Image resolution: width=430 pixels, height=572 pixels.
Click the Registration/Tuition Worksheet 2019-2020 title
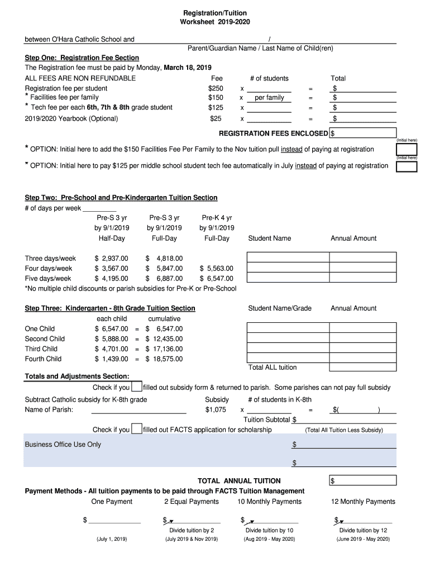pos(215,17)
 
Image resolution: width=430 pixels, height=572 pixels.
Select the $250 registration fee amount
pos(216,88)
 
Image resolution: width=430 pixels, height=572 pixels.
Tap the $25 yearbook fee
pos(216,118)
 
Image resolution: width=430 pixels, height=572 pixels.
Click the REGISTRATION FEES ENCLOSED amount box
pos(363,134)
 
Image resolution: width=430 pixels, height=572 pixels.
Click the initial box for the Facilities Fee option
pos(407,150)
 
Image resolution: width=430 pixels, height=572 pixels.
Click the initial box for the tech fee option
pos(407,167)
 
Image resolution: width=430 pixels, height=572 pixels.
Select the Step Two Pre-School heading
pos(121,198)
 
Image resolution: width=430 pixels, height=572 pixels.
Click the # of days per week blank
pos(99,208)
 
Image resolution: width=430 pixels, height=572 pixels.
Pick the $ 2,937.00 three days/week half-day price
pos(112,258)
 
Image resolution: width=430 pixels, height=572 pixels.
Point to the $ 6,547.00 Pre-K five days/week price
pos(217,278)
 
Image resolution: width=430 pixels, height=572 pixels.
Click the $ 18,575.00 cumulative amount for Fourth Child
pos(164,359)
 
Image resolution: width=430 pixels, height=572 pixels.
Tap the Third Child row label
pos(41,349)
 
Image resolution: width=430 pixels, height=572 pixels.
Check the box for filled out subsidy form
pos(136,387)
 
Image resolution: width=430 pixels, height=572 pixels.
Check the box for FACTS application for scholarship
pos(136,430)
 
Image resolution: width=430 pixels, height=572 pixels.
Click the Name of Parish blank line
pos(138,410)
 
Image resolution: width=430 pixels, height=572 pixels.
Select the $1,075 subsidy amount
pos(216,409)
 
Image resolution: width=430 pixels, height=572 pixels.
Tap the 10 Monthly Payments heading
pos(269,502)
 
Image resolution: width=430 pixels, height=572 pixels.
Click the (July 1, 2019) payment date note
pos(112,539)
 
